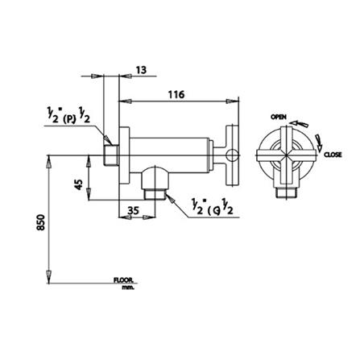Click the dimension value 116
pyautogui.click(x=176, y=94)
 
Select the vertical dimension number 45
pyautogui.click(x=78, y=184)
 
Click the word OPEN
pyautogui.click(x=279, y=117)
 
